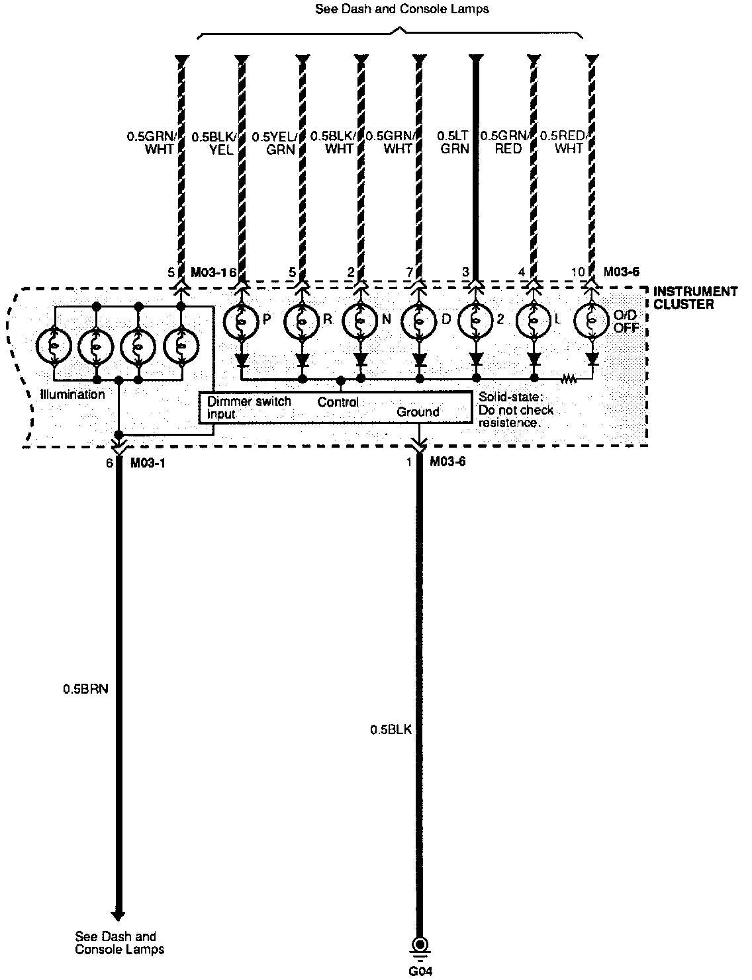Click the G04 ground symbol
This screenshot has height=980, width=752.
click(418, 946)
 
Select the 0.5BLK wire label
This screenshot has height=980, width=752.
click(391, 730)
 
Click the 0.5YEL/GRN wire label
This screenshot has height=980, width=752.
click(274, 142)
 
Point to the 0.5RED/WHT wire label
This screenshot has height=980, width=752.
click(563, 142)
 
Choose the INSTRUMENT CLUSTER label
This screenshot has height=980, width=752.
click(695, 298)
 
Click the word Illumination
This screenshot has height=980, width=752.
click(73, 394)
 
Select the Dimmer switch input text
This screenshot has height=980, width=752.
click(248, 407)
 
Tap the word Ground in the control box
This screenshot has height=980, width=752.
click(418, 412)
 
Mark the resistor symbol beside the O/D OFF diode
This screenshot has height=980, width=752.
click(569, 380)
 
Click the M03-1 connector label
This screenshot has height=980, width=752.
click(148, 463)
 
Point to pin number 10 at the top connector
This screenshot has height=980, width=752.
click(578, 272)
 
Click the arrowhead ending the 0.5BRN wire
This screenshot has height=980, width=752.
click(118, 916)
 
